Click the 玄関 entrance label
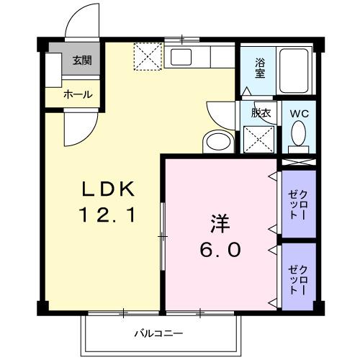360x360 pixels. point(81,61)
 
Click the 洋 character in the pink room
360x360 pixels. point(220,224)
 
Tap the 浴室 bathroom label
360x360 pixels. point(259,67)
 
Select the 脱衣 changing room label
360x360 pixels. point(260,113)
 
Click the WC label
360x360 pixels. point(299,113)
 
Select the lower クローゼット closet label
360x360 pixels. point(297,277)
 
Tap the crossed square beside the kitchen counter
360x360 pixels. point(149,58)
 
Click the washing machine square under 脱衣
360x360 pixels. point(258,139)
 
